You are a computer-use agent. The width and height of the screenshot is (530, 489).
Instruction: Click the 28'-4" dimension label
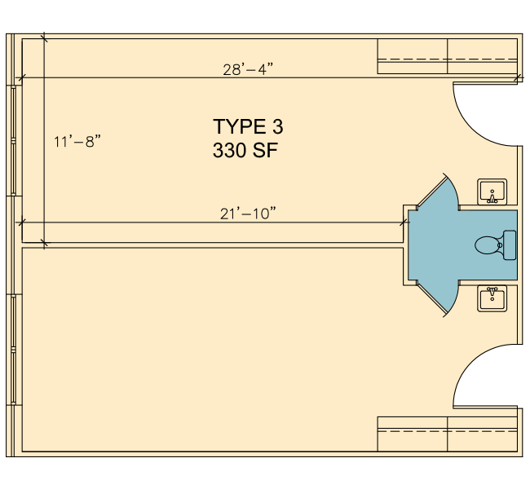[248, 69]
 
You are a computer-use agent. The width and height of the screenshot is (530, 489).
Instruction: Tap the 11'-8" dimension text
[77, 141]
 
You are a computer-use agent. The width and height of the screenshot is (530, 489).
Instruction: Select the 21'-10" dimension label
[248, 214]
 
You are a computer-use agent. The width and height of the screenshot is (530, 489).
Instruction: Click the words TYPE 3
[248, 126]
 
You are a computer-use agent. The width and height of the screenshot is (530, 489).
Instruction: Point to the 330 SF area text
[245, 151]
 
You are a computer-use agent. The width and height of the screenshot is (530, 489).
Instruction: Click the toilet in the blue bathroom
[495, 245]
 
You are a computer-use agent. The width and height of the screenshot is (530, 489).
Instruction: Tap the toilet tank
[510, 245]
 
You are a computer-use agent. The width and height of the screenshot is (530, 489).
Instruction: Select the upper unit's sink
[492, 192]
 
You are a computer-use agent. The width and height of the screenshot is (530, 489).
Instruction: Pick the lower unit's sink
[492, 298]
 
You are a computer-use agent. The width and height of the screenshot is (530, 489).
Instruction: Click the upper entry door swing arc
[472, 130]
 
